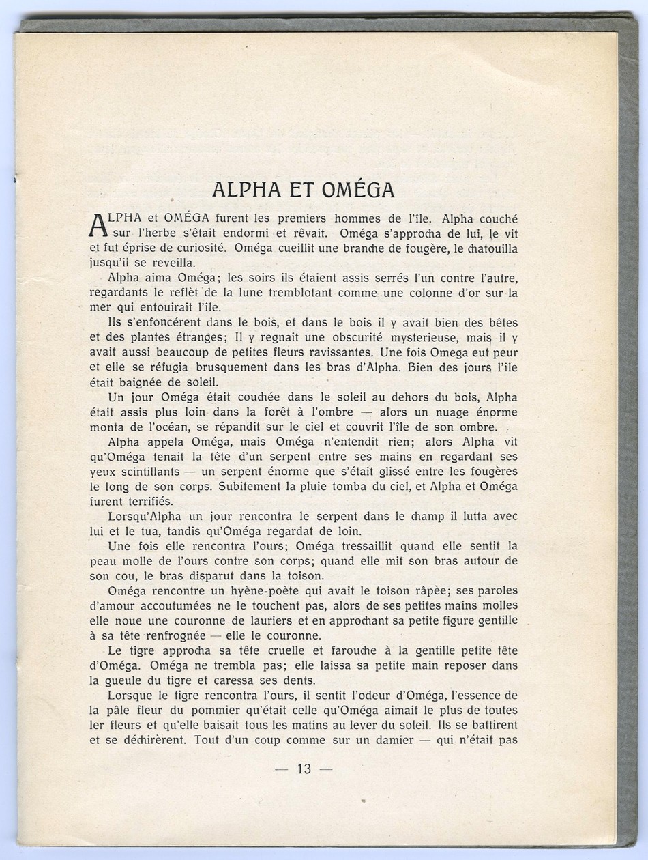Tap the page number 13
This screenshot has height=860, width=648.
(304, 769)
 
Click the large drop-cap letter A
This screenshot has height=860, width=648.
(99, 227)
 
